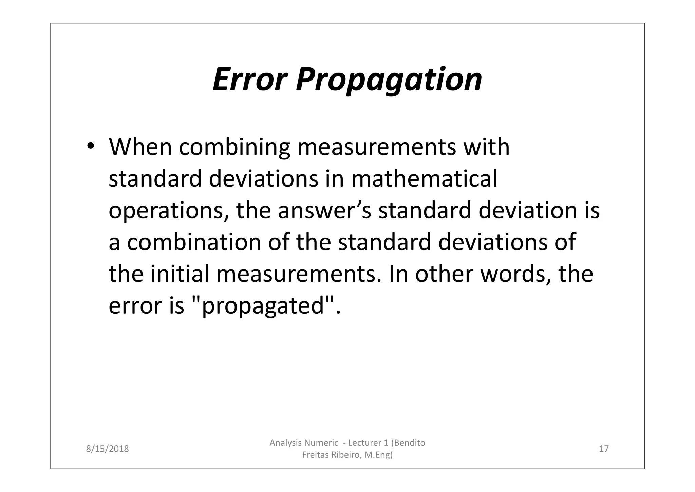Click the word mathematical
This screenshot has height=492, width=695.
[424, 179]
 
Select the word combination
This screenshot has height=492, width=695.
[194, 242]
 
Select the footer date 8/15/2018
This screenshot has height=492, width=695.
[107, 449]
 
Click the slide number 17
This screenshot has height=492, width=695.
[604, 449]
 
